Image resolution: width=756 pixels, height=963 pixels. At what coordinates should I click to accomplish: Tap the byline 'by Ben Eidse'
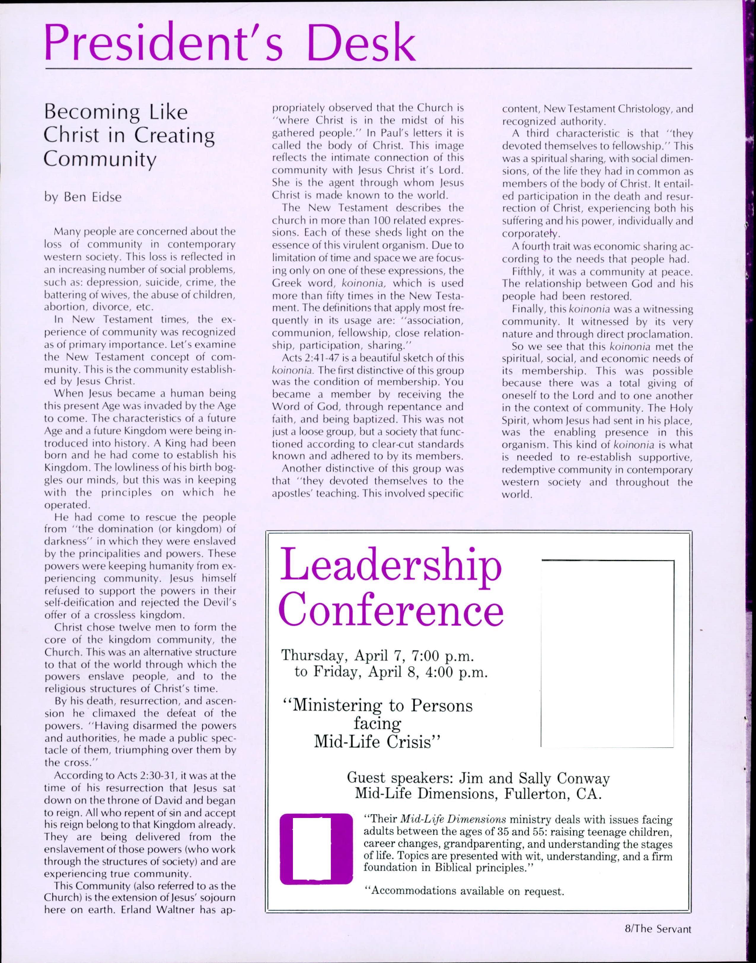pyautogui.click(x=83, y=197)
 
